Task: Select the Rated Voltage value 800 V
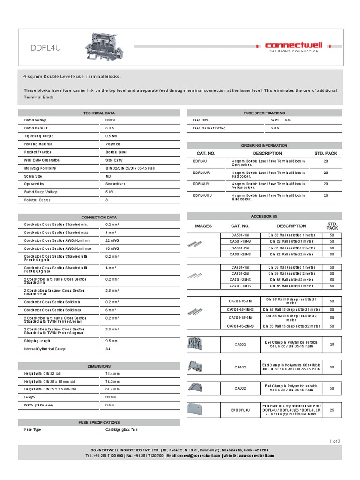111,120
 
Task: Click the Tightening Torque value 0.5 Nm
112,136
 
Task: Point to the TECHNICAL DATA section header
99,113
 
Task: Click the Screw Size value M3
108,176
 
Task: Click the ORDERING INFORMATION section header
264,145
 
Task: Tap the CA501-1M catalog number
240,234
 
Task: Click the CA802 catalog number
240,388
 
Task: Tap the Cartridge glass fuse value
121,429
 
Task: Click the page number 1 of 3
335,441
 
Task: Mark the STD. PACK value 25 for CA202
332,344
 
